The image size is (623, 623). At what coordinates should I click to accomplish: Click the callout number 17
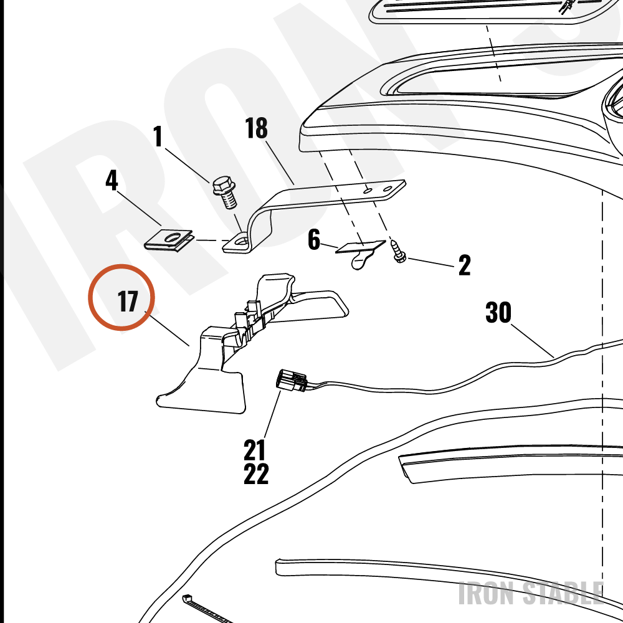click(x=128, y=302)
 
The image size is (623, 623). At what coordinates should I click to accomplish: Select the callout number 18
click(x=256, y=128)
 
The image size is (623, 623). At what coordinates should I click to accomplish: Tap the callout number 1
click(x=158, y=136)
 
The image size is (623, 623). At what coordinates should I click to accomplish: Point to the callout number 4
click(x=112, y=181)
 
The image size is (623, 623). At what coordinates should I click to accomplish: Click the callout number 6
click(x=314, y=240)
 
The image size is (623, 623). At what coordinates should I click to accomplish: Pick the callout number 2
click(x=465, y=265)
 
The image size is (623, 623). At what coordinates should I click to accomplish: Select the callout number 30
click(x=498, y=312)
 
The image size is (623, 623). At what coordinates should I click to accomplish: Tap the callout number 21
click(x=254, y=450)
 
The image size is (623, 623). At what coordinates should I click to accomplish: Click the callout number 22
click(x=256, y=473)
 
